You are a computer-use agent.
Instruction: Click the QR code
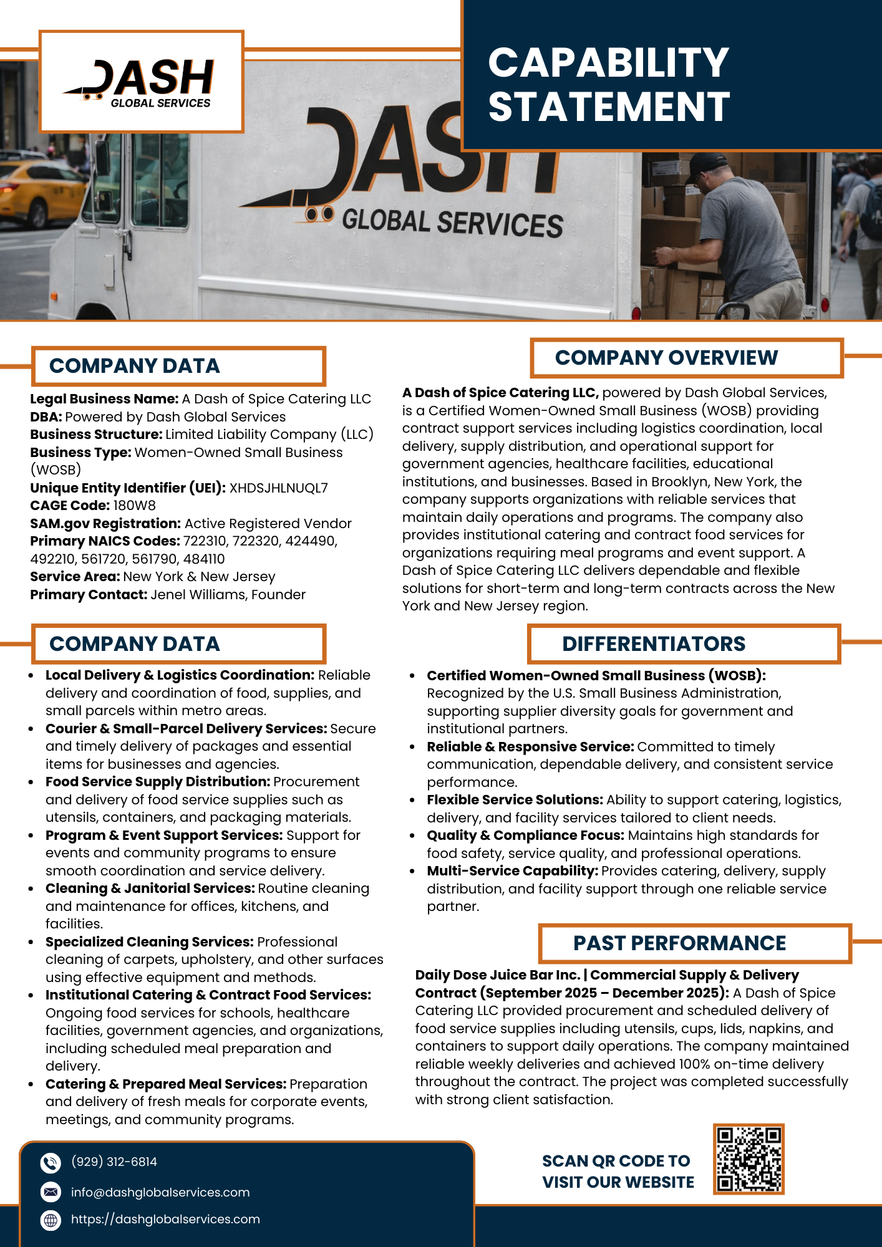pyautogui.click(x=749, y=1159)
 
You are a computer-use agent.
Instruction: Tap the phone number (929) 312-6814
pyautogui.click(x=114, y=1162)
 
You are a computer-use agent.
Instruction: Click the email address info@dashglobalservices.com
pyautogui.click(x=160, y=1192)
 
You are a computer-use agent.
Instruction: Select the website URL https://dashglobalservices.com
pyautogui.click(x=165, y=1219)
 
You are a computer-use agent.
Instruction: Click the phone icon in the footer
pyautogui.click(x=51, y=1163)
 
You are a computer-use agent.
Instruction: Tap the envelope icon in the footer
pyautogui.click(x=51, y=1192)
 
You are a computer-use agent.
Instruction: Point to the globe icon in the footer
pyautogui.click(x=51, y=1220)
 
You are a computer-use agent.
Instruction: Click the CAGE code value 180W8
pyautogui.click(x=134, y=506)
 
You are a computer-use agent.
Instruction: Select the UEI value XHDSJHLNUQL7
pyautogui.click(x=278, y=488)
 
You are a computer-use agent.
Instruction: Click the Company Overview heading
pyautogui.click(x=666, y=358)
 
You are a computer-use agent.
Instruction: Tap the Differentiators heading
pyautogui.click(x=653, y=644)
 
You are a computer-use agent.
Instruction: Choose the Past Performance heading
pyautogui.click(x=679, y=943)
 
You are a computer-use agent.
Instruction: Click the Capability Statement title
pyautogui.click(x=608, y=85)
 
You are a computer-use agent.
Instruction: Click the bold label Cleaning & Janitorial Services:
pyautogui.click(x=150, y=888)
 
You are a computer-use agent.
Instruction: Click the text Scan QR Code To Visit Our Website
pyautogui.click(x=618, y=1172)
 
